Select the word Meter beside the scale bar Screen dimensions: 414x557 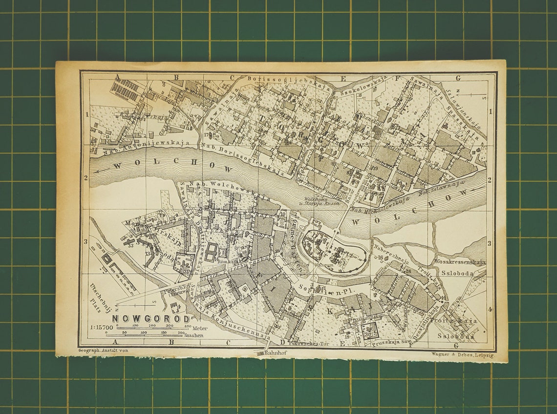pyautogui.click(x=200, y=328)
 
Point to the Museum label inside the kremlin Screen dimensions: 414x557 pyautogui.click(x=324, y=264)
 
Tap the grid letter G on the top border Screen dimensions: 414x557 pyautogui.click(x=458, y=78)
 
